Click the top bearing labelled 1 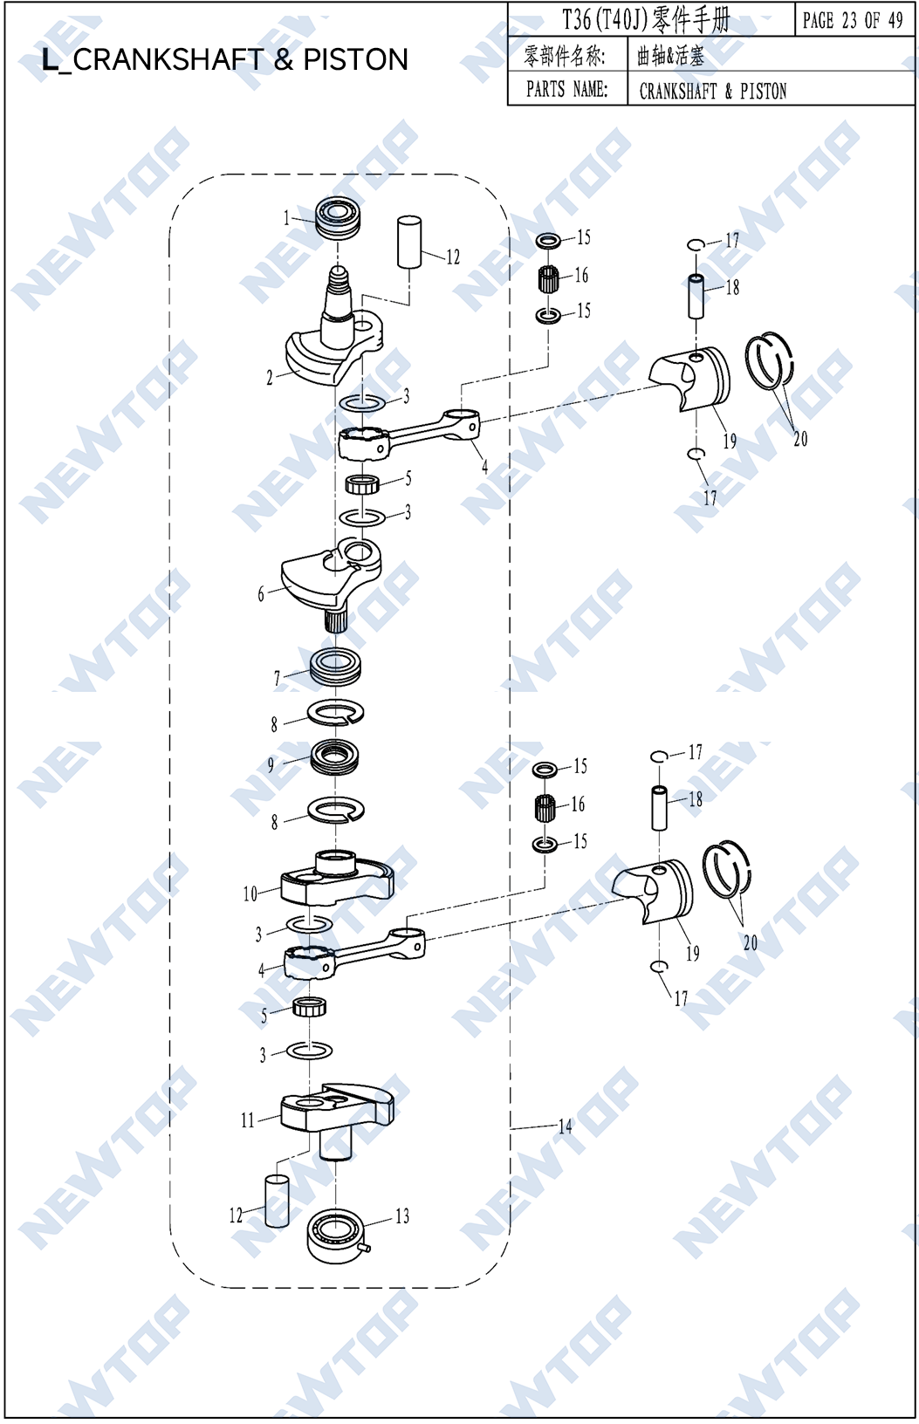[337, 218]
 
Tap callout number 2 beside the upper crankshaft [270, 378]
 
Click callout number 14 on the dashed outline [565, 1126]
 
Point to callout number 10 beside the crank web [250, 894]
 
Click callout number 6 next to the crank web [260, 595]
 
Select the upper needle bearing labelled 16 [548, 278]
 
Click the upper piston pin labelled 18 [696, 297]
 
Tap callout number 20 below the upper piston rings [800, 440]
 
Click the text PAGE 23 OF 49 [853, 20]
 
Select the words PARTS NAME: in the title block [566, 89]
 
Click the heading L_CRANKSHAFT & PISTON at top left [225, 60]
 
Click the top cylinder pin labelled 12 [409, 242]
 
